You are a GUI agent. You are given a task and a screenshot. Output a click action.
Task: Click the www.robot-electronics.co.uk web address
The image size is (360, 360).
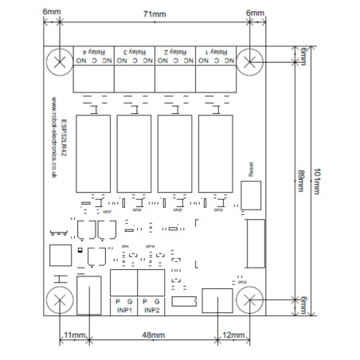[x=53, y=143]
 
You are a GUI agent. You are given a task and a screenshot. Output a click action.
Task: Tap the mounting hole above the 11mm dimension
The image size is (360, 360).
[x=60, y=300]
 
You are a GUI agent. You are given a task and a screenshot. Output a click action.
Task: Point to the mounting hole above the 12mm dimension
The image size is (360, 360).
[x=250, y=300]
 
